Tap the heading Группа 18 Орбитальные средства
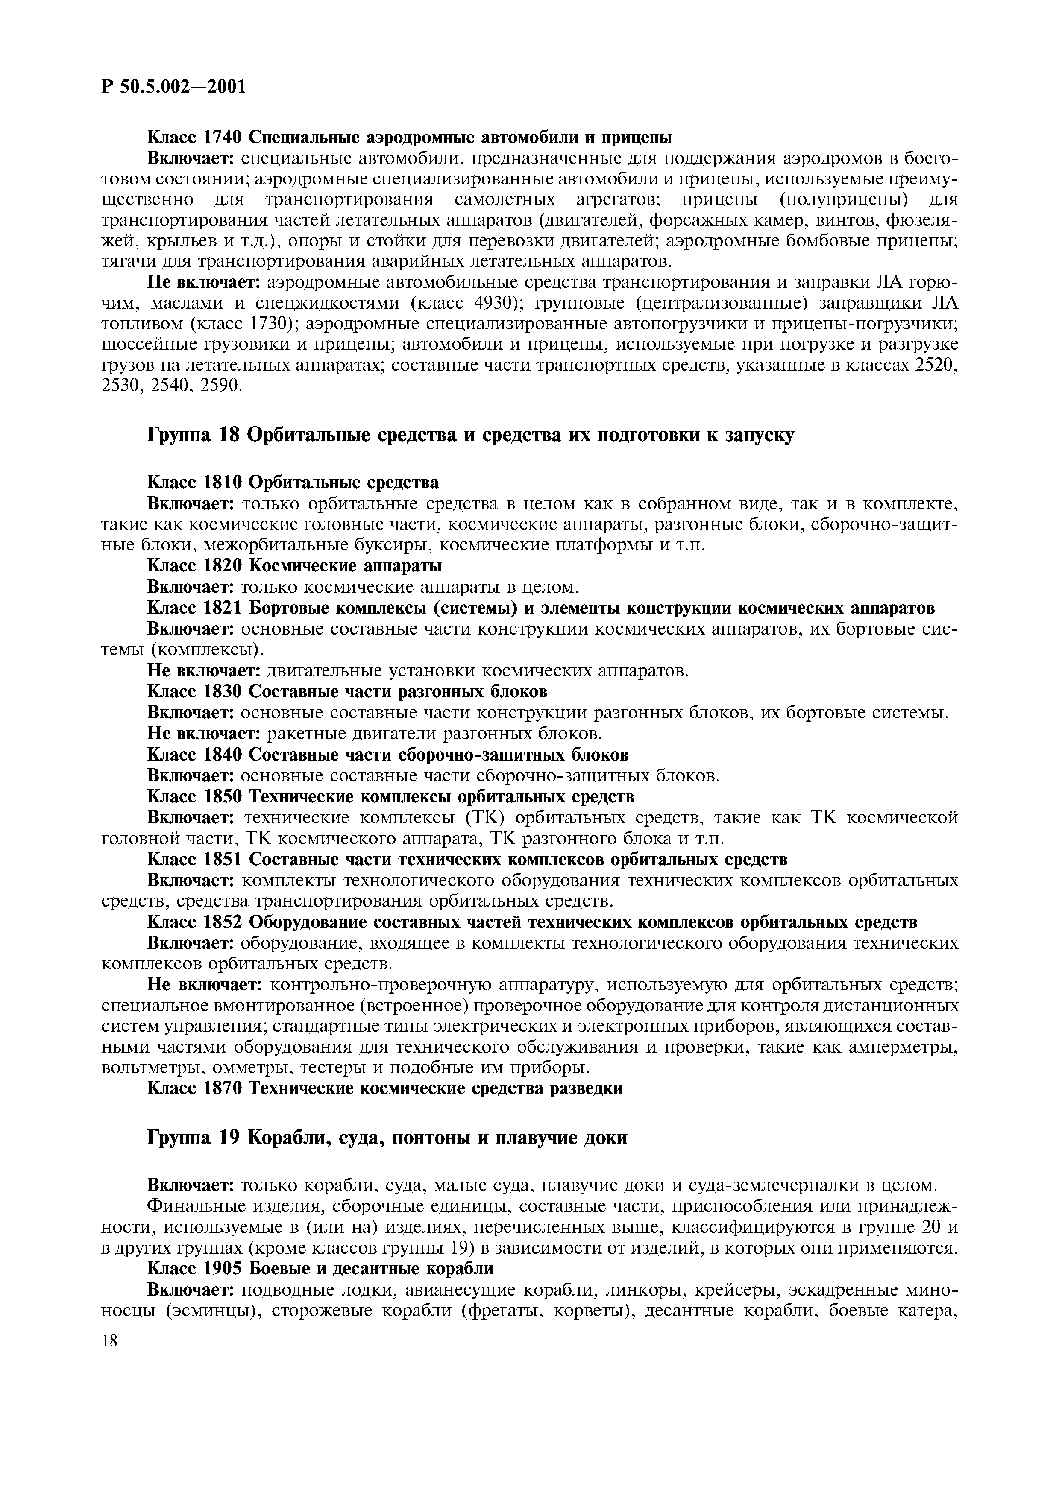pos(471,435)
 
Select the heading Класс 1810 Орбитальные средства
pos(293,482)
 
